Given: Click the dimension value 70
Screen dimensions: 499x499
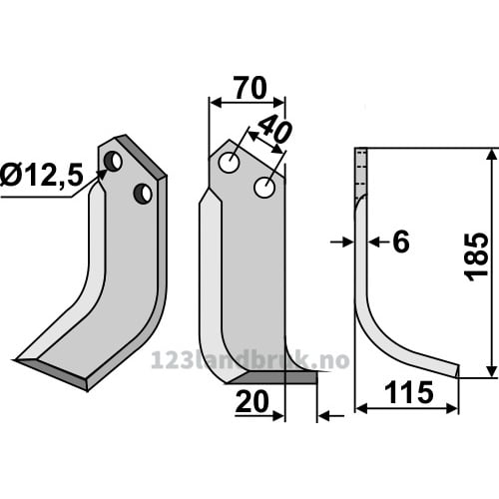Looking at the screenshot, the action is (250, 88).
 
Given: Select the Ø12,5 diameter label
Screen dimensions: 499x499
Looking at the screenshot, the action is (41, 176).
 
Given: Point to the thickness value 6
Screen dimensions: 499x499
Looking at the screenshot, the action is (401, 242).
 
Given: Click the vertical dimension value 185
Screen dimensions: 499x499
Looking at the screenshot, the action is (477, 257).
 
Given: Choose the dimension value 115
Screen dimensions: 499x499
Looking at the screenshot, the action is (409, 392).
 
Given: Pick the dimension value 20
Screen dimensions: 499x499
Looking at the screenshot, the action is (251, 401).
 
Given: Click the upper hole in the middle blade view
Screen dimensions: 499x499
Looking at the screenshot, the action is (229, 163).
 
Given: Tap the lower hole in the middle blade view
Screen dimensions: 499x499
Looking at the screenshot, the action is (264, 188).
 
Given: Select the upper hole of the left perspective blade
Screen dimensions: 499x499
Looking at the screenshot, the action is (113, 161).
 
